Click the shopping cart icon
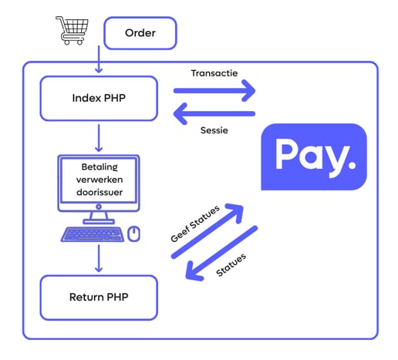click(x=73, y=30)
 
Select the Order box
click(x=140, y=33)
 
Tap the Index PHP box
click(x=99, y=98)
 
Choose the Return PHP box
click(x=99, y=298)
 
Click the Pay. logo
click(x=314, y=156)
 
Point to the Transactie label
click(x=214, y=73)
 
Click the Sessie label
click(x=214, y=130)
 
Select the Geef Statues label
click(x=195, y=224)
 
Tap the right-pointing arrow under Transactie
click(x=214, y=90)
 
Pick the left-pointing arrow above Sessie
click(x=214, y=113)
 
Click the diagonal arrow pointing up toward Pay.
click(x=207, y=231)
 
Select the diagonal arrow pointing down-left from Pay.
click(x=221, y=253)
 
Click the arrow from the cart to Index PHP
click(x=99, y=59)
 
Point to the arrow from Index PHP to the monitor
click(x=99, y=138)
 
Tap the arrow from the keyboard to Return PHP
click(x=99, y=258)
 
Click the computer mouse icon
click(x=133, y=234)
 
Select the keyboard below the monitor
click(x=93, y=234)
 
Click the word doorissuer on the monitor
click(x=99, y=192)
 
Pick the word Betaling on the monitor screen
click(x=99, y=167)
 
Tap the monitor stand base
click(x=99, y=221)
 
